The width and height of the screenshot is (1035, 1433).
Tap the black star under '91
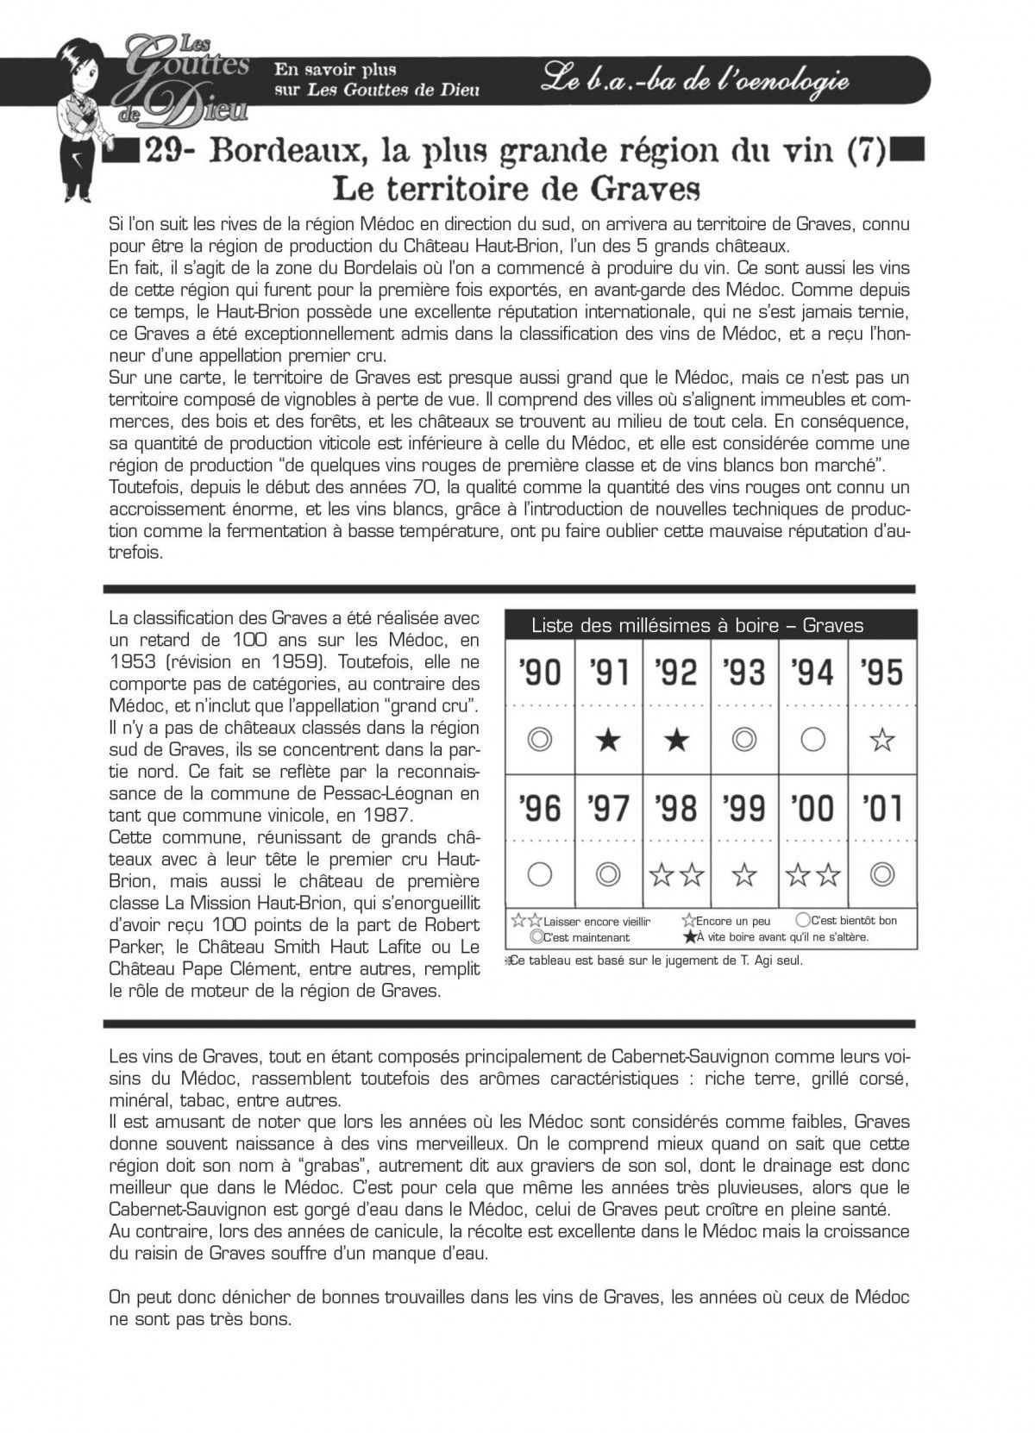coord(608,740)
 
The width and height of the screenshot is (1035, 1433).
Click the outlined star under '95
coord(881,740)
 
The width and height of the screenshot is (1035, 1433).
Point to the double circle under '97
coord(608,875)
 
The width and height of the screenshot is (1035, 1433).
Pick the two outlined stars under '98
coord(676,876)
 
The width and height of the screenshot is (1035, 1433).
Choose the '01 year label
coord(881,808)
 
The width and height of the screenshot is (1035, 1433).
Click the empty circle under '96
coord(540,875)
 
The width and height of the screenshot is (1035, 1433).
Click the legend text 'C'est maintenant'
coord(586,937)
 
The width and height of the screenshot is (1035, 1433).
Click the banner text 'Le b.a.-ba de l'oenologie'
coord(695,81)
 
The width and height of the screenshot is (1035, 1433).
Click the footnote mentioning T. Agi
coord(655,961)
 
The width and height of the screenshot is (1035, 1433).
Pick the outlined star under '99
coord(744,876)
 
